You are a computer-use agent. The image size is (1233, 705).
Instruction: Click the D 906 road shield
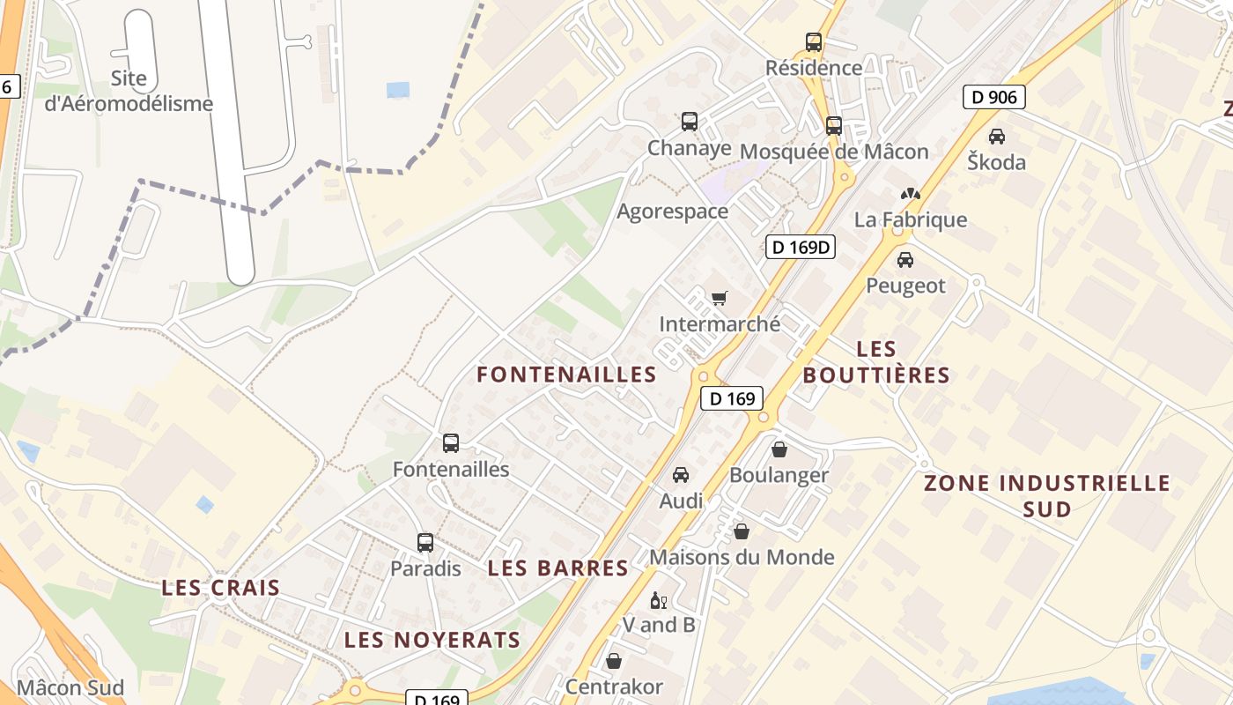994,97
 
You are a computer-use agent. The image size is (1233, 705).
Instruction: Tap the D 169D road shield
800,247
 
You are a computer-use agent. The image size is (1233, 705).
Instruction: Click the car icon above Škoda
997,137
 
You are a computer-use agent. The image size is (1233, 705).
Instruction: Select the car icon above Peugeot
904,260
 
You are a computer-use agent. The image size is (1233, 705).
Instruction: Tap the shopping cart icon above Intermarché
720,299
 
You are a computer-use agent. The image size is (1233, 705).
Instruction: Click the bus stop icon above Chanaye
690,122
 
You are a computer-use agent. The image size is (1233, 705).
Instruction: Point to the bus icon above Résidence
814,41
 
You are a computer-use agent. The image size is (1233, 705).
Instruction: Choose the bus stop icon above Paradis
425,543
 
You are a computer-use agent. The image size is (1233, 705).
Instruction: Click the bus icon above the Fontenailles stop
451,443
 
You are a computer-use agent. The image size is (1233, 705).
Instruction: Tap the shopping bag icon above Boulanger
779,449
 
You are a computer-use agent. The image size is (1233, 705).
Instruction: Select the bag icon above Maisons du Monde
742,531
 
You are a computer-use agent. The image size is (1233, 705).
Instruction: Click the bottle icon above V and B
658,600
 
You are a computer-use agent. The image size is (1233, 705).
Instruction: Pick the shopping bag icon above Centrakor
614,660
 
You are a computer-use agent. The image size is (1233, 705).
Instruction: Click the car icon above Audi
681,475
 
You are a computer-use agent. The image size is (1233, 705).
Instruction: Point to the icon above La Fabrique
910,194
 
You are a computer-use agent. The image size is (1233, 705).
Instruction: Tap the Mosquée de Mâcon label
834,152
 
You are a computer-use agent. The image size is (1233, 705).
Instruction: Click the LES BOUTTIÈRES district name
876,362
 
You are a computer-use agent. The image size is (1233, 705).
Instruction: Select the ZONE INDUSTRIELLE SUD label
1047,495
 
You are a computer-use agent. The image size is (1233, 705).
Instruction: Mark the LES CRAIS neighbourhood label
221,588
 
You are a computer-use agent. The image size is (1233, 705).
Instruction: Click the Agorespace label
673,211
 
